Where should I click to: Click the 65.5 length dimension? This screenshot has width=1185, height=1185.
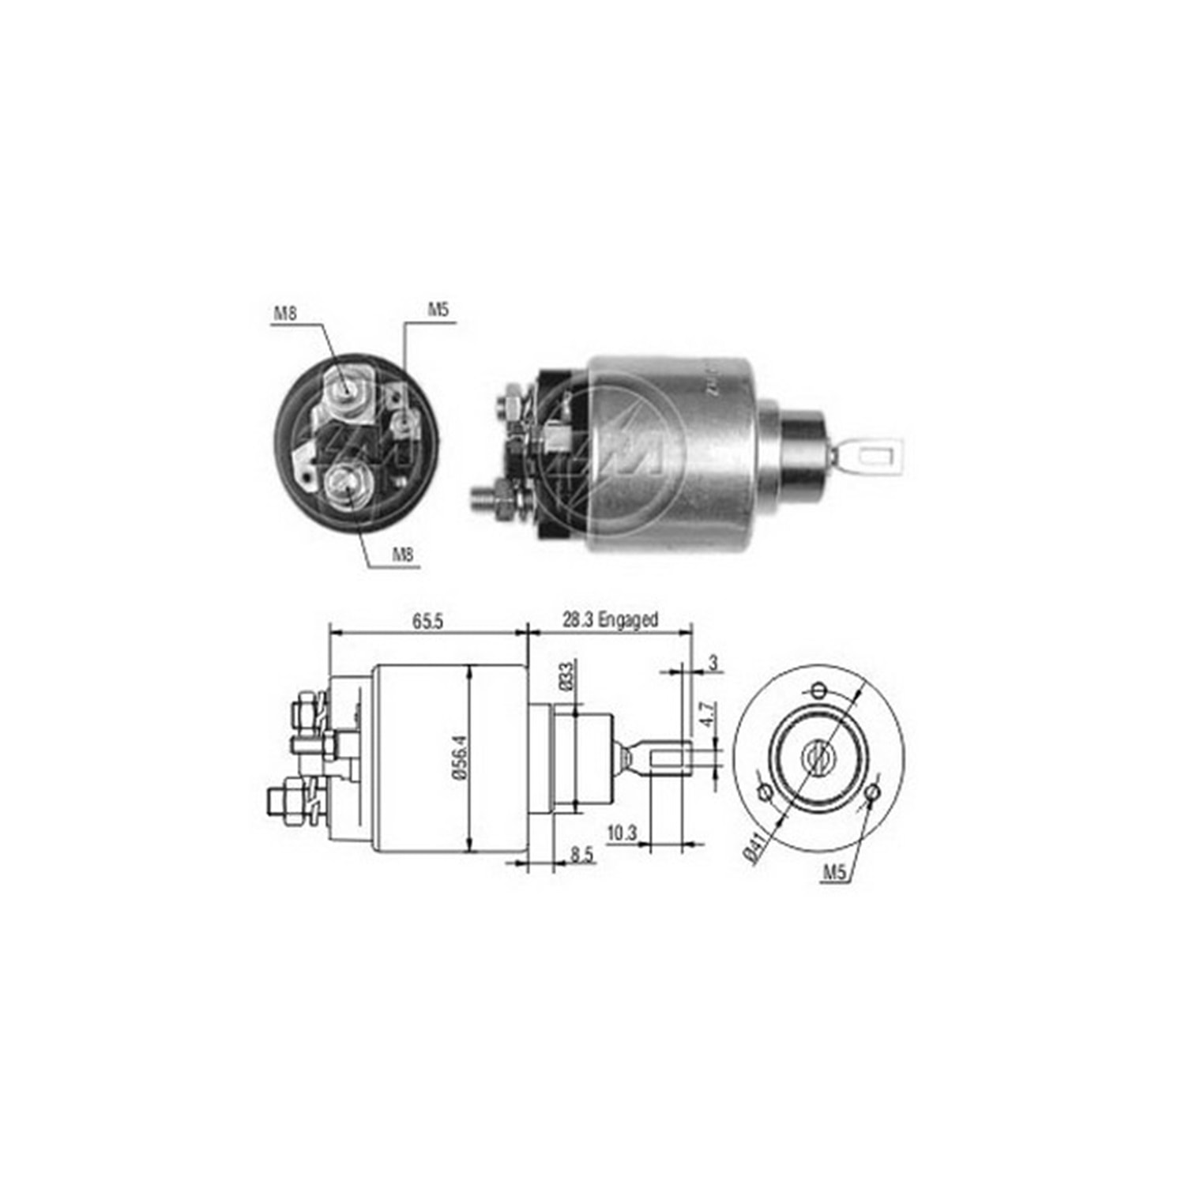(427, 622)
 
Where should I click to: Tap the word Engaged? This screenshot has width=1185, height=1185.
(628, 621)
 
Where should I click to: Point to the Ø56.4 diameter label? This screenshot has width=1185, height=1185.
(462, 758)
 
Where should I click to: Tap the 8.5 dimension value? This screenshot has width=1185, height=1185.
(583, 855)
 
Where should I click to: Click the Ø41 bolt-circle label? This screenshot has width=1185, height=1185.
(754, 848)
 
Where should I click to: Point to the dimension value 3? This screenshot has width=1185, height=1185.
(713, 664)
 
